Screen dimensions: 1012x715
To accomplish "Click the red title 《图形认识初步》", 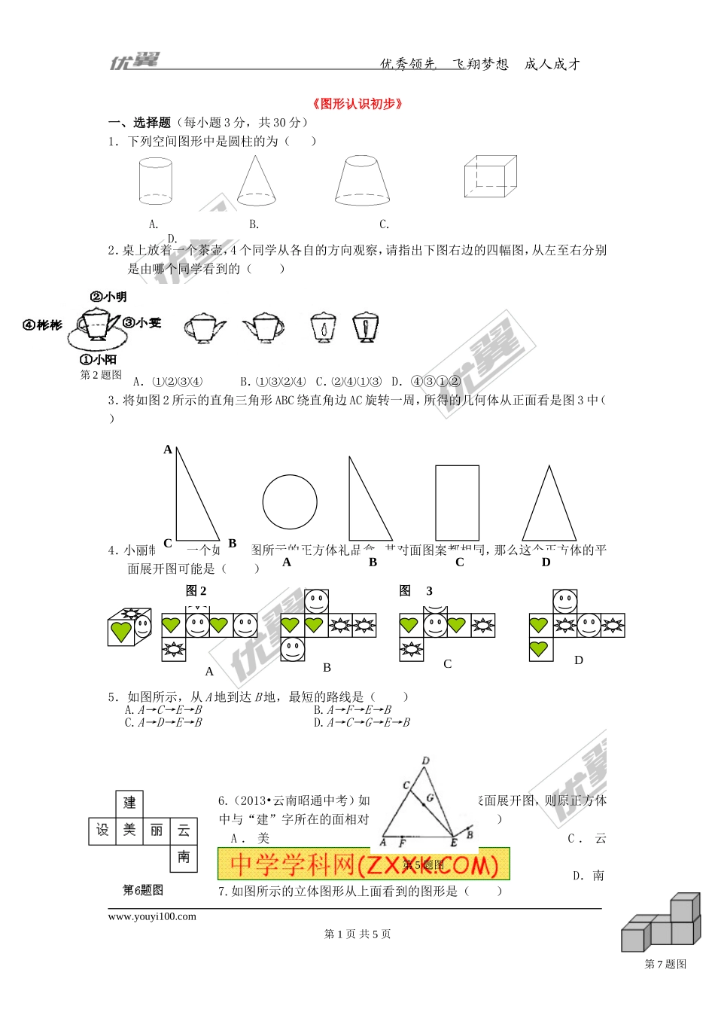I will coord(357,104).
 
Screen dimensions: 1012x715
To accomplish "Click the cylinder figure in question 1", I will coord(156,181).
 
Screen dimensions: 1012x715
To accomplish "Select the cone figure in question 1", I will coord(256,181).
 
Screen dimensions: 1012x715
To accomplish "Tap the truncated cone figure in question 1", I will coord(362,181).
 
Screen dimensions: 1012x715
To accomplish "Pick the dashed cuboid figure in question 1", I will coord(490,176).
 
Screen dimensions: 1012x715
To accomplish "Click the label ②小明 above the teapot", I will coord(108,297).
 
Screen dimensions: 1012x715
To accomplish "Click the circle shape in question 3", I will coord(290,501).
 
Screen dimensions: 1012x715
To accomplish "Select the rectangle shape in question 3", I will coord(457,502).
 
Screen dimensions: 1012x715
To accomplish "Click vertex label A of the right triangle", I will coord(168,450).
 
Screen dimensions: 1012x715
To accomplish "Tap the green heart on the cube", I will coord(120,631).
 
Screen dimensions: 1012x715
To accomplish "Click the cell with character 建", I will coord(129,803).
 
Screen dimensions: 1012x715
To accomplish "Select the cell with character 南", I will coord(184,857).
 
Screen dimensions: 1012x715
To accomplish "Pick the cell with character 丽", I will coord(157,830).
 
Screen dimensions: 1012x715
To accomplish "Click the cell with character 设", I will coord(102,830).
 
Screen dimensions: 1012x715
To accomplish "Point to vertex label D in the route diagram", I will coord(426,761).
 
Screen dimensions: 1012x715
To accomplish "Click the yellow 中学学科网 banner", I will coord(364,864).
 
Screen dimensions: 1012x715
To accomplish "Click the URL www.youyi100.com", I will coord(152,916).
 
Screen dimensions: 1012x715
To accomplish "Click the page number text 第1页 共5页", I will coord(357,934).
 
